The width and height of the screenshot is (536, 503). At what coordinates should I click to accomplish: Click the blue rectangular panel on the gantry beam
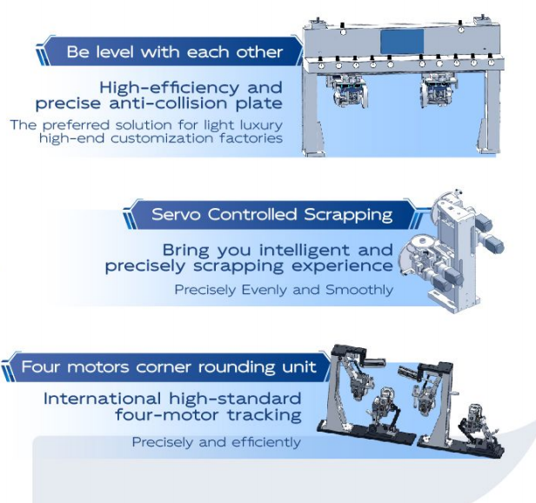402,42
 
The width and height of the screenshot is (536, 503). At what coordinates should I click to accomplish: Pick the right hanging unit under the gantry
439,90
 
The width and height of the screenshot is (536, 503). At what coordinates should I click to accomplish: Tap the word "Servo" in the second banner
176,215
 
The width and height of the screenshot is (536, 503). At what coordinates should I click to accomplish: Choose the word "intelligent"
305,250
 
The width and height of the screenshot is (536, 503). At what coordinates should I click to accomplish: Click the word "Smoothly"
358,291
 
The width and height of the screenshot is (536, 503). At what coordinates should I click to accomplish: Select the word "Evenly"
265,290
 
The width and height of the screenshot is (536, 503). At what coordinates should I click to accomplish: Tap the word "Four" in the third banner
42,367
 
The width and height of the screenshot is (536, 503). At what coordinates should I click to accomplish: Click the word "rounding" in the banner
237,368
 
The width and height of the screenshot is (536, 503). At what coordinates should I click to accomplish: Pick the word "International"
102,399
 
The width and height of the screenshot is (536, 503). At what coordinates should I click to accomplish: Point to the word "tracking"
265,415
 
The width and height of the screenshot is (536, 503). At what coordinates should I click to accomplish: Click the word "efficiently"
266,442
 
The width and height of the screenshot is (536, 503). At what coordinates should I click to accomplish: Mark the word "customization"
163,138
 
